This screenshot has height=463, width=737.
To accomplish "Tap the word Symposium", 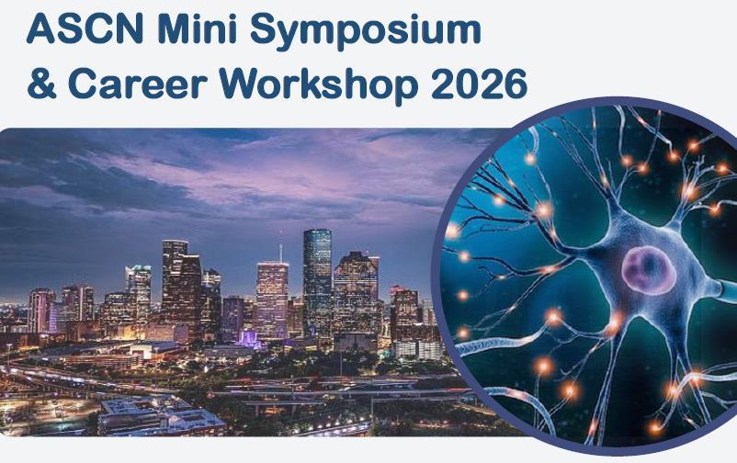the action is pyautogui.click(x=365, y=31).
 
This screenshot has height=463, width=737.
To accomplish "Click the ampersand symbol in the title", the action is pyautogui.click(x=42, y=83).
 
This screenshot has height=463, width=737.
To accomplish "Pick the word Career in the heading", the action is pyautogui.click(x=138, y=83).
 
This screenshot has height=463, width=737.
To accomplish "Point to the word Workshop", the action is pyautogui.click(x=318, y=85).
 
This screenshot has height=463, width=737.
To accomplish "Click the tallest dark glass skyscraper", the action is pyautogui.click(x=317, y=282).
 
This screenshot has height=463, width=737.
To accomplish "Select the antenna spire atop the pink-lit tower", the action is pyautogui.click(x=280, y=253).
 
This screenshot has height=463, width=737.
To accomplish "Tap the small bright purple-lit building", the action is pyautogui.click(x=248, y=338).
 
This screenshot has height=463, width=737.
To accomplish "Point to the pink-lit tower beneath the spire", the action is pyautogui.click(x=272, y=299).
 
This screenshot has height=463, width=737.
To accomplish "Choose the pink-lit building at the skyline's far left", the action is pyautogui.click(x=40, y=311).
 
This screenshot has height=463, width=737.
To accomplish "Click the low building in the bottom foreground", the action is pyautogui.click(x=160, y=415).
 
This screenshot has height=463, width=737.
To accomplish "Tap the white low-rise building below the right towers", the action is pyautogui.click(x=418, y=350).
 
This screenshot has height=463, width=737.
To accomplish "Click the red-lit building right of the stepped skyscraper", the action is pyautogui.click(x=404, y=312).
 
